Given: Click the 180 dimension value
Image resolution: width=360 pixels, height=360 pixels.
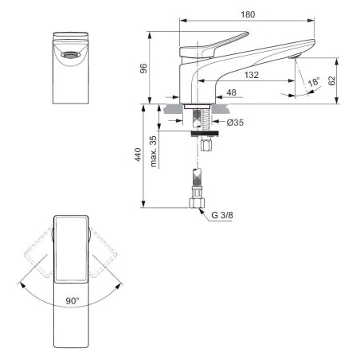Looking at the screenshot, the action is [x=248, y=14].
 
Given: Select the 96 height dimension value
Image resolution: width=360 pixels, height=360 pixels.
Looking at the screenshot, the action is [x=143, y=68].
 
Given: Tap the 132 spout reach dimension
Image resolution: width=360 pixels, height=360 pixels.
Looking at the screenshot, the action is [x=252, y=75].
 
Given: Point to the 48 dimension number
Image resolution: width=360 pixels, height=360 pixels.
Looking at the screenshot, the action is [x=231, y=92].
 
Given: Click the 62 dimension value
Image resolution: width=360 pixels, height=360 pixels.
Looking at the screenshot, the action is [x=331, y=80].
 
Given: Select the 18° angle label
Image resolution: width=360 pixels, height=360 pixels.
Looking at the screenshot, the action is [x=314, y=81].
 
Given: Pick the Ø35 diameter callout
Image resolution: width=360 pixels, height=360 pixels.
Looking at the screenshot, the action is [x=235, y=123].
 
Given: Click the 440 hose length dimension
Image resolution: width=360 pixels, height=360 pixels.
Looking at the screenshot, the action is [x=138, y=155].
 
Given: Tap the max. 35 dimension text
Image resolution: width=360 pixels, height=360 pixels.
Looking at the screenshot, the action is [x=153, y=151].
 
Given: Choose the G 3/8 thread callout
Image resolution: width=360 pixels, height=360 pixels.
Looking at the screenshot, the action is [x=222, y=215].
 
